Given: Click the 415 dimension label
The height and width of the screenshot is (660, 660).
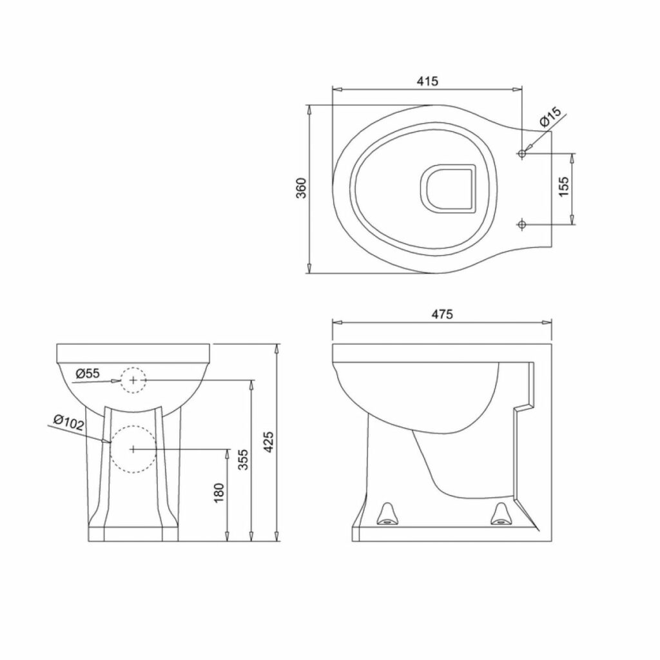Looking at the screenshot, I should pos(427,81).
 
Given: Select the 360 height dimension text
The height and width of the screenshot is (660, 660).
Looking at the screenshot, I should pos(300,188).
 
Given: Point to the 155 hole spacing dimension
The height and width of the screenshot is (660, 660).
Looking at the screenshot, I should pos(563,188).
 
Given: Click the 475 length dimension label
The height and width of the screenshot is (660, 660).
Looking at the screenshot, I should pos(443,314).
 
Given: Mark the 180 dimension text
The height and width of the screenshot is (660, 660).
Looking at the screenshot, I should pos(219,492).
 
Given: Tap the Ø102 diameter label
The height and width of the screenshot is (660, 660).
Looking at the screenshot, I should pos(68,422).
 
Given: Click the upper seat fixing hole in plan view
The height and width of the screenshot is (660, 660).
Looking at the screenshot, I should pos(522,153).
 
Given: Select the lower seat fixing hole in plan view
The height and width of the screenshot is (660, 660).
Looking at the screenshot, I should pos(522,224).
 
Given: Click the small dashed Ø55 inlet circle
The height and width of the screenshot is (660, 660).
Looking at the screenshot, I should pos(133,381).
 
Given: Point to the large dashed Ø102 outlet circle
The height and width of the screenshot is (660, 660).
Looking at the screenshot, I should pos(133,449).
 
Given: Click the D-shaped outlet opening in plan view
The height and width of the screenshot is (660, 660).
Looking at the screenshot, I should pos(447,188).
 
